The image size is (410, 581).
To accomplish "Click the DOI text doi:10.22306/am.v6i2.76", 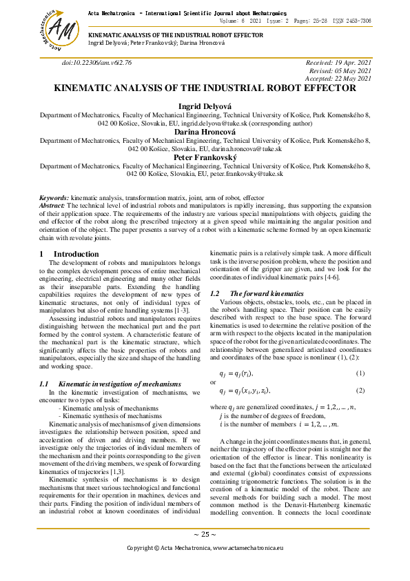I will point(96,62).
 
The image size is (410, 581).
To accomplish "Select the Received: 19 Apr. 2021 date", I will point(338,62).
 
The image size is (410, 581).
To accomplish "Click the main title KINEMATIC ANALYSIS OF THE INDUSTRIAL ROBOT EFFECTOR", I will point(205,89).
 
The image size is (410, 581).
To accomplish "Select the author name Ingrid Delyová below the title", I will point(205,106).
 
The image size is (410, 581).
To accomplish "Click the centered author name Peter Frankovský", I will point(205,157).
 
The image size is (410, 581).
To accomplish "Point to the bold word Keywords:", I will point(54,197).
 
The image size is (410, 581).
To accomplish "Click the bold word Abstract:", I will point(52,205).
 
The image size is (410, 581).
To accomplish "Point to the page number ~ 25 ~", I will point(205,535).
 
